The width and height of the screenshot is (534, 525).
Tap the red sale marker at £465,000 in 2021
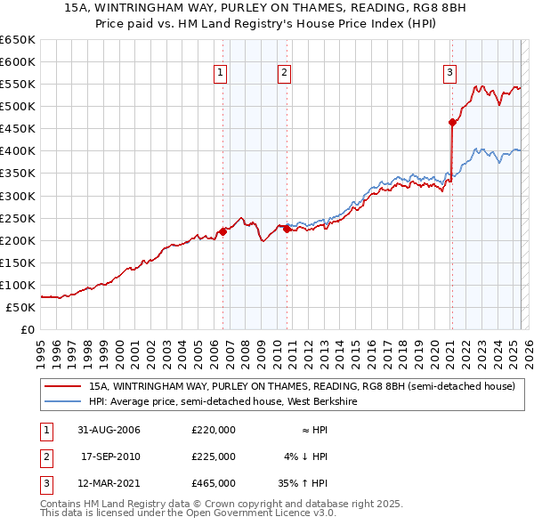click(452, 122)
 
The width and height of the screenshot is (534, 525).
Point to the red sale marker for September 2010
click(287, 229)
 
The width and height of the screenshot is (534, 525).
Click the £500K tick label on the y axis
click(18, 107)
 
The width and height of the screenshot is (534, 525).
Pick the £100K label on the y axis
click(18, 286)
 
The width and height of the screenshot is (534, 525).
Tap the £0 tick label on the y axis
click(27, 330)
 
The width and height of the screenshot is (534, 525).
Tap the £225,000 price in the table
click(214, 456)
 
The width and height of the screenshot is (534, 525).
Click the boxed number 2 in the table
click(44, 456)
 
